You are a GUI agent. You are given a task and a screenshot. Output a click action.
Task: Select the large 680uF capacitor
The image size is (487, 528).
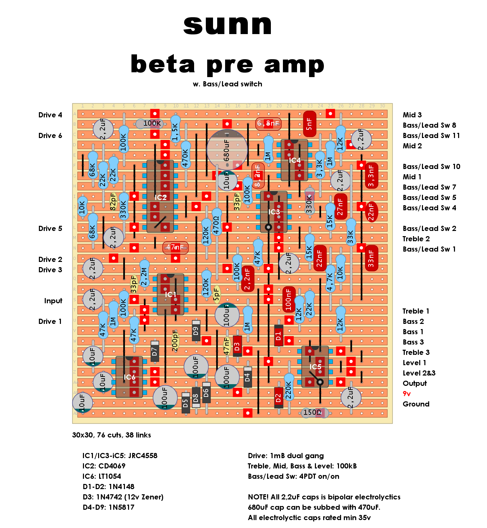pyautogui.click(x=227, y=150)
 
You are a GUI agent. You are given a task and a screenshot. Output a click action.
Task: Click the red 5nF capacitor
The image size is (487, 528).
pyautogui.click(x=309, y=124)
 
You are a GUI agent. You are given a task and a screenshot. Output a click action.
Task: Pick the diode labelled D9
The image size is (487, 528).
pyautogui.click(x=196, y=330)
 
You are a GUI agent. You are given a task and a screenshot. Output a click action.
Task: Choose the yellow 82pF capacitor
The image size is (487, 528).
pyautogui.click(x=113, y=201)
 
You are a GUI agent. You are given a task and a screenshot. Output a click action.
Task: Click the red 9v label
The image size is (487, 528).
pyautogui.click(x=406, y=394)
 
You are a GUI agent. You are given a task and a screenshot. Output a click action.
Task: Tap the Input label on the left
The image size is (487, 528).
pyautogui.click(x=53, y=301)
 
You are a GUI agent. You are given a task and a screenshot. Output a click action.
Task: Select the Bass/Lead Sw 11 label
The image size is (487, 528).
pyautogui.click(x=431, y=136)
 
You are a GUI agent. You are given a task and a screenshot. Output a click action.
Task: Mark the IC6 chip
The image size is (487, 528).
pyautogui.click(x=129, y=377)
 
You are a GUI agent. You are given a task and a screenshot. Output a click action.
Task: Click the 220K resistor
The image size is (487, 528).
pyautogui.click(x=289, y=390)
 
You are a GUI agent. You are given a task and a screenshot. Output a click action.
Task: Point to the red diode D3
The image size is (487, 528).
pyautogui.click(x=237, y=346)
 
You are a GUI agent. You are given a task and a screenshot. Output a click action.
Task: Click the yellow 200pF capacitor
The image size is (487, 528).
pyautogui.click(x=175, y=341)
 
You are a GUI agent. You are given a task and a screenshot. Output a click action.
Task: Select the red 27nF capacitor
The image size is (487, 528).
pyautogui.click(x=340, y=207)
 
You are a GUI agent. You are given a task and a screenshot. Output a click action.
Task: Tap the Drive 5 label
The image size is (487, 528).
pyautogui.click(x=50, y=229)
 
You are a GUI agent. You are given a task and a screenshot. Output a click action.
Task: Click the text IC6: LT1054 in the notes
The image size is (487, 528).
pyautogui.click(x=102, y=476)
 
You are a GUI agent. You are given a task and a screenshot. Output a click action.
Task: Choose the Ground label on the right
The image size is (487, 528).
pyautogui.click(x=416, y=404)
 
